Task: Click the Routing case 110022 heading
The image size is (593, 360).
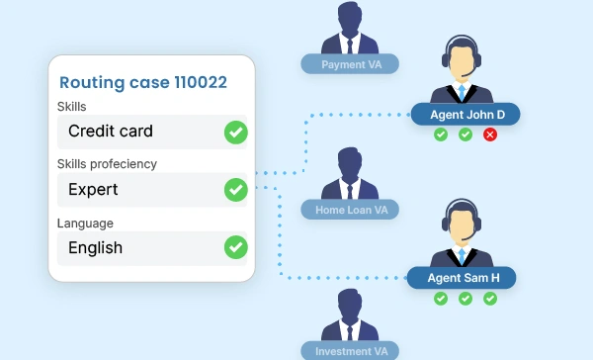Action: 143,82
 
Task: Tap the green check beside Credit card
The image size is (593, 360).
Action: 236,133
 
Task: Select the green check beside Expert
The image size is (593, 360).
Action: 236,190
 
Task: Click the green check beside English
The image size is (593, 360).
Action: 236,247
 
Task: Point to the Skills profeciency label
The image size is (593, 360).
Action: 107,164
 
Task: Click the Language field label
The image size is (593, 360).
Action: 85,224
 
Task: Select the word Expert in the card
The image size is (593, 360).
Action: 93,189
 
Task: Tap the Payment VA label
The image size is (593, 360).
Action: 350,64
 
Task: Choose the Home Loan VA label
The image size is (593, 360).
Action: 350,210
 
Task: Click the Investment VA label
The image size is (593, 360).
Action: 350,351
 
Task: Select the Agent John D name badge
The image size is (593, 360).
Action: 466,115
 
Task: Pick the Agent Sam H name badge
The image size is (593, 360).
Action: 462,278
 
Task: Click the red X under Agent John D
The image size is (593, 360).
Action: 490,135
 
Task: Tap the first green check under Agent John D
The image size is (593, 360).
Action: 441,135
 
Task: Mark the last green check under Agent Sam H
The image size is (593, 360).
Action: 490,299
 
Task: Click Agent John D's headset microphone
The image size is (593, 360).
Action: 466,74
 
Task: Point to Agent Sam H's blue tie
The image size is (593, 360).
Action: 462,256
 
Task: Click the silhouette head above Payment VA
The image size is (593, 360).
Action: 350,18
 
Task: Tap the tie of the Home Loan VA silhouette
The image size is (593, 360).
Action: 350,192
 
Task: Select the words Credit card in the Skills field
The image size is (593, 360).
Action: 111,131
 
